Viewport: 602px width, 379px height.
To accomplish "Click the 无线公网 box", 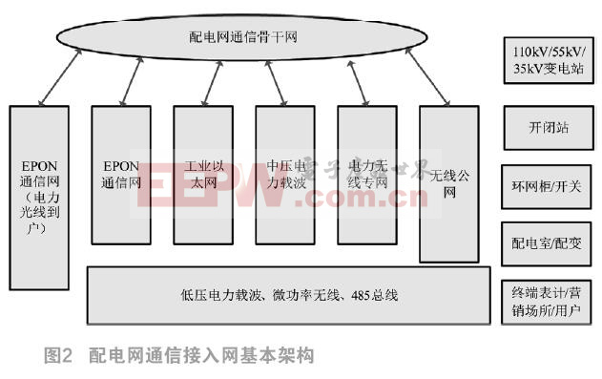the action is point(448,181).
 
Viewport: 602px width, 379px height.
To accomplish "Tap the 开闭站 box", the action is point(548,127).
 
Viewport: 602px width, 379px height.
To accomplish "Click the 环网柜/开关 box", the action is point(548,186).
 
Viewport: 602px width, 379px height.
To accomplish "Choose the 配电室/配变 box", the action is point(548,243).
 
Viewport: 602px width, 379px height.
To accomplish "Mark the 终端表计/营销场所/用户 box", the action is point(548,300).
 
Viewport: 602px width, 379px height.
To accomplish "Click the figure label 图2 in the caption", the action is point(58,356).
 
